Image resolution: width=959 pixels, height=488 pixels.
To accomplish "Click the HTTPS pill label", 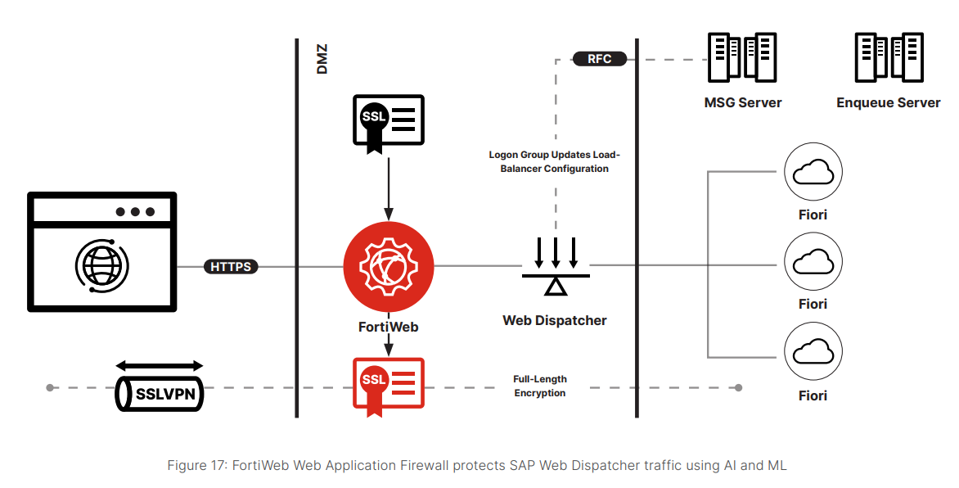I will click(x=231, y=266).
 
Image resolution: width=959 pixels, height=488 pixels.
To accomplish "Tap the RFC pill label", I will click(x=599, y=59).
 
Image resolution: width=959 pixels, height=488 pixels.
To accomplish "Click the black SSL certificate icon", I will click(x=389, y=123).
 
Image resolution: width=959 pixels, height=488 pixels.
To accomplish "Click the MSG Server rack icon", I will click(x=742, y=57).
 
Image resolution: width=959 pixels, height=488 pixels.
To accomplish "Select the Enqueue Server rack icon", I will click(x=889, y=57).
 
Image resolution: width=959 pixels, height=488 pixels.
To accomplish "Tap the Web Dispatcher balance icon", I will click(x=556, y=266).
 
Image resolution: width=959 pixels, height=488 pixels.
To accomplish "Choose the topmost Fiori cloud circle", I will click(x=813, y=172).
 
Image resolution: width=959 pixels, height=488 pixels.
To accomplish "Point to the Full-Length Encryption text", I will click(x=540, y=386).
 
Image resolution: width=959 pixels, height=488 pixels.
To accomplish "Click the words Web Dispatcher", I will click(x=555, y=320).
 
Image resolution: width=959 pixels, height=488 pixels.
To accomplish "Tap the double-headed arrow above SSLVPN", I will click(x=159, y=366).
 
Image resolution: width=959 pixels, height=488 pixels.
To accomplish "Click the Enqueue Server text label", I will click(x=889, y=103).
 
